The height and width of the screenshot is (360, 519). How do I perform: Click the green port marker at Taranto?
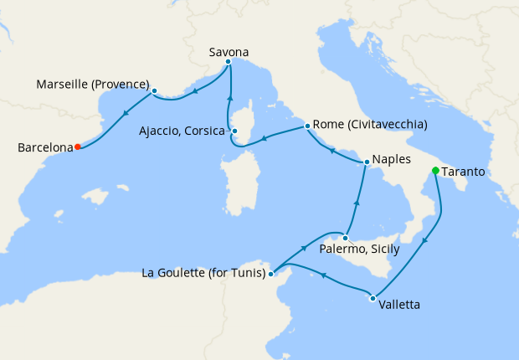pos(434,171)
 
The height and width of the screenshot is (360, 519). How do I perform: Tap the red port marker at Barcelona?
pos(77,147)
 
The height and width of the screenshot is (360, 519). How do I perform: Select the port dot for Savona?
pos(228,62)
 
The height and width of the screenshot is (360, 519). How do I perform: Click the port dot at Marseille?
pos(155,90)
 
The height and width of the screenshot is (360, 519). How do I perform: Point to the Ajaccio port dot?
pos(235,131)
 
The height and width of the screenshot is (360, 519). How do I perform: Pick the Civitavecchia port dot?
pos(308,126)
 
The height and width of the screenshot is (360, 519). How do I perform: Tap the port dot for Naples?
pos(367,162)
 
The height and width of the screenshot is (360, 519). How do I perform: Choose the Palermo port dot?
pos(344,238)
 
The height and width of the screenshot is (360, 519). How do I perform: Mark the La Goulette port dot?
pos(271,273)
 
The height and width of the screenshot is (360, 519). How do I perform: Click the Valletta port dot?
pos(372,297)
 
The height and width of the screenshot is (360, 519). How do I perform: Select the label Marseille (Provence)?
pos(93,85)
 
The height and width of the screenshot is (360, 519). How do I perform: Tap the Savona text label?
pos(229,52)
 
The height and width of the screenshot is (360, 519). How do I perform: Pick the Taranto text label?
pos(465,172)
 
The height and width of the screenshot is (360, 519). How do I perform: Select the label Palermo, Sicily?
pos(360,249)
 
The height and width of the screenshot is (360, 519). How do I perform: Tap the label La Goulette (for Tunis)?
pos(204,273)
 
